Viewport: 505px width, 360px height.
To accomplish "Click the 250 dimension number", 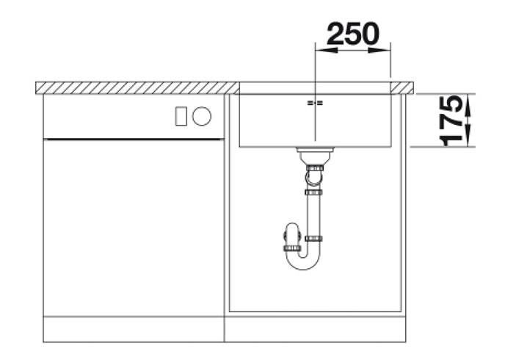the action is coord(353,34).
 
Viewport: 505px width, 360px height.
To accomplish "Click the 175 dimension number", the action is coord(451,120).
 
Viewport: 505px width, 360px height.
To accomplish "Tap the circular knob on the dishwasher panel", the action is coord(202,116).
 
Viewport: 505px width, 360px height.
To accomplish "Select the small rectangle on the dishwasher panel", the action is coord(181,116).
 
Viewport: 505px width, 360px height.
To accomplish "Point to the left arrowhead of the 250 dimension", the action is coord(326,50).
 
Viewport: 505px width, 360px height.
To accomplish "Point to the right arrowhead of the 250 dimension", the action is coord(379,50).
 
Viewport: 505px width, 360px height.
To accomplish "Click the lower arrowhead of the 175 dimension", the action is coord(468,136).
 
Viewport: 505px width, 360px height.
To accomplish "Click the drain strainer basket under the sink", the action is coord(315,156).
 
